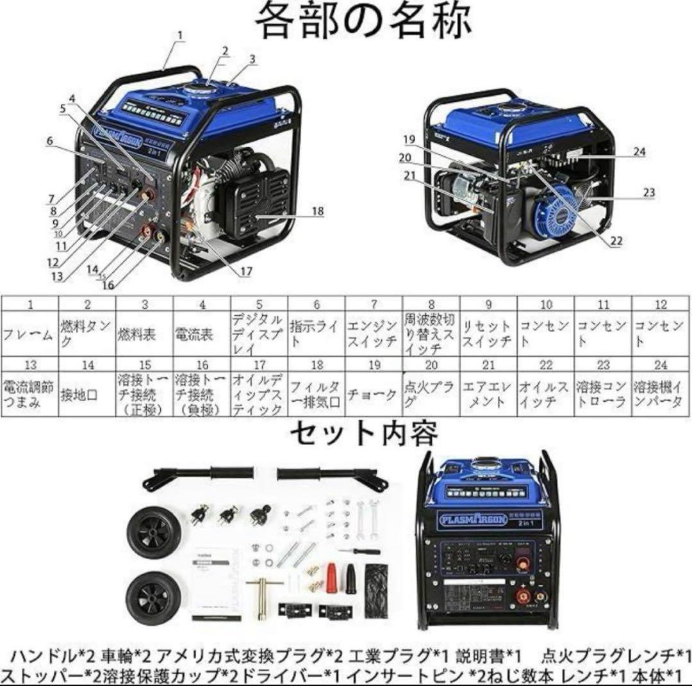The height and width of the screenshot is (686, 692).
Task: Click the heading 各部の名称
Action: tap(363, 22)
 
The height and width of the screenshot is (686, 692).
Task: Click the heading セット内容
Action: tap(365, 434)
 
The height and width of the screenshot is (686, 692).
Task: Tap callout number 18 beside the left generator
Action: tap(317, 211)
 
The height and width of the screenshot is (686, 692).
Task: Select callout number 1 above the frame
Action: tap(181, 36)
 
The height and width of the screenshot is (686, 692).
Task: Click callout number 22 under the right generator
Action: tap(616, 241)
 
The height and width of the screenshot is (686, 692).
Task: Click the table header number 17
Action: tap(259, 365)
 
